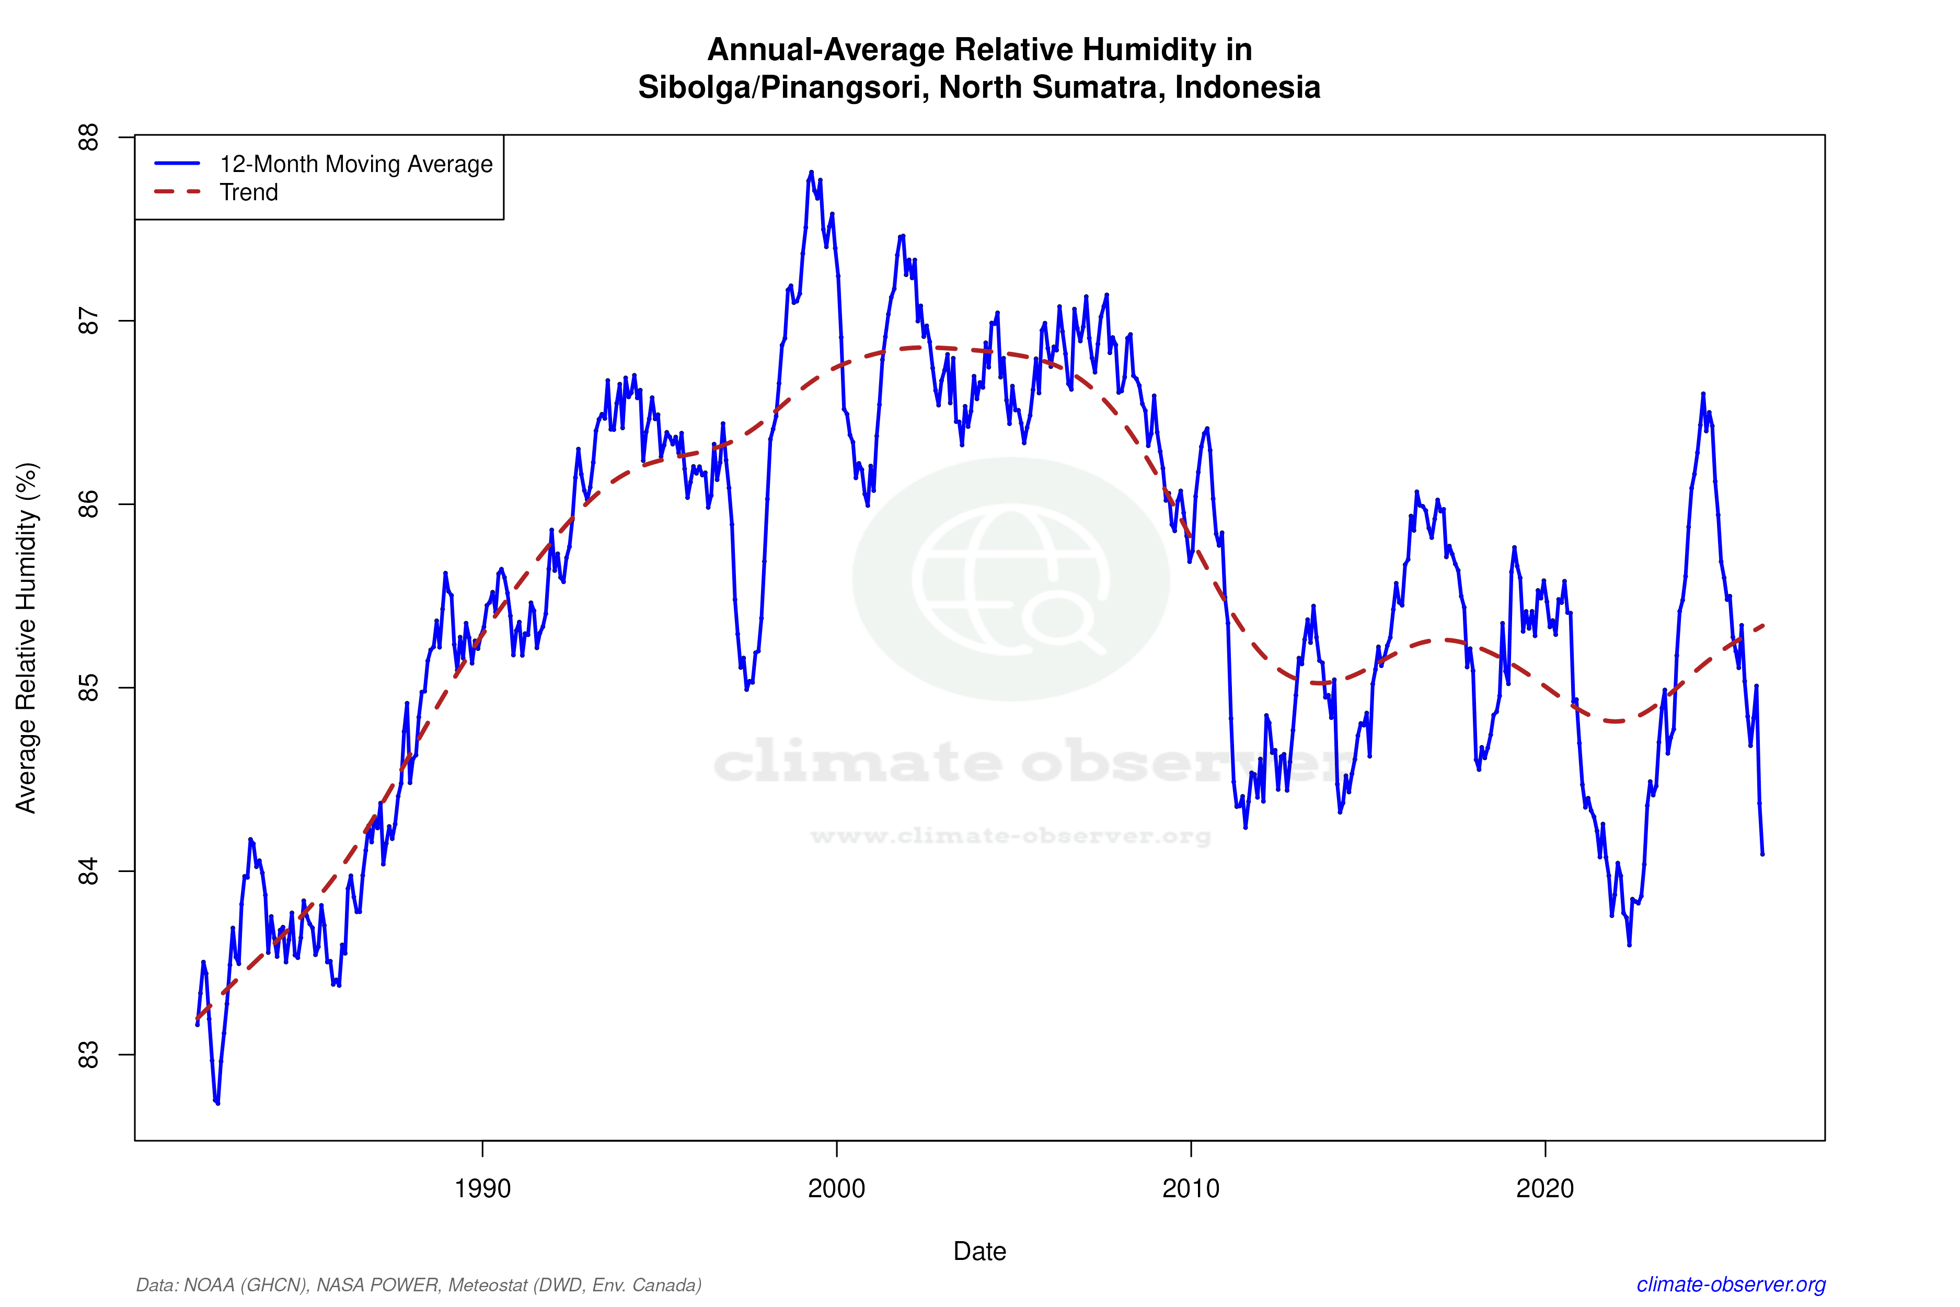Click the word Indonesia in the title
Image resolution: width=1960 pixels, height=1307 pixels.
[1248, 87]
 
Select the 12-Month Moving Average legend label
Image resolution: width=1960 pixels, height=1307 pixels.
[356, 164]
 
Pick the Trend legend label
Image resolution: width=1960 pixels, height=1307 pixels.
[248, 192]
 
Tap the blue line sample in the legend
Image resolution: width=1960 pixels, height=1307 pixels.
[178, 163]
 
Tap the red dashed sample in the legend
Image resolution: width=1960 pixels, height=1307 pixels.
[178, 192]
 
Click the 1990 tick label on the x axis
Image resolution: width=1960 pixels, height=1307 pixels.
[482, 1188]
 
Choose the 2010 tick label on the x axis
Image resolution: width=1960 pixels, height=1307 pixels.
[1191, 1188]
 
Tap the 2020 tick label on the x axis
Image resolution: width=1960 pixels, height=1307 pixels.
[1545, 1188]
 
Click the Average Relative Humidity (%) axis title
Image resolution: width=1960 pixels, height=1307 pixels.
[27, 638]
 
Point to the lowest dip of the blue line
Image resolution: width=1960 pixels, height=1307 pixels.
[217, 1103]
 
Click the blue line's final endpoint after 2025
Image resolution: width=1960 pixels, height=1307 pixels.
[1762, 854]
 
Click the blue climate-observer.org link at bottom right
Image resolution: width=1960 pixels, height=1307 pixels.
[1731, 1285]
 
